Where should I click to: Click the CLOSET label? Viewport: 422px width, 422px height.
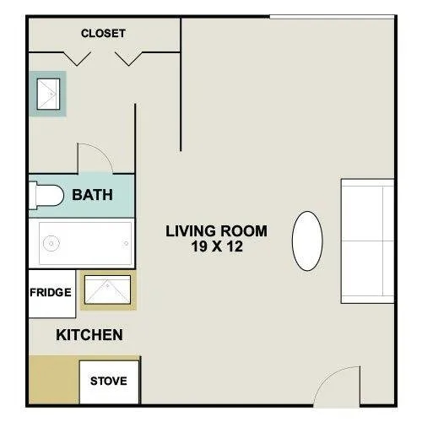tap(103, 34)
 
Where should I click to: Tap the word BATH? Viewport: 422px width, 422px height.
tap(92, 195)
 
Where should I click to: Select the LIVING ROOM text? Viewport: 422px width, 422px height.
tap(216, 230)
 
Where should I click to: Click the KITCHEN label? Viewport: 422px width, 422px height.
tap(89, 335)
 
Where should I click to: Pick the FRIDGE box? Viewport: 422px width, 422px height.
tap(51, 294)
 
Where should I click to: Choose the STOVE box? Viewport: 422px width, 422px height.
tap(109, 381)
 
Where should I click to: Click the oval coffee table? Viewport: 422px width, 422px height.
tap(307, 241)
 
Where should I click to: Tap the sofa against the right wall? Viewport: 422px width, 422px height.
tap(367, 241)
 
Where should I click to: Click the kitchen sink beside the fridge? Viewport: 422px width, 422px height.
tap(107, 289)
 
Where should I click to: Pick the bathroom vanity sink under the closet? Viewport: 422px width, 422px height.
tap(47, 92)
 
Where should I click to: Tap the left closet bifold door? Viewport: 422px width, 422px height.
tap(78, 58)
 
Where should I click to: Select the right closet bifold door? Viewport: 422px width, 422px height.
tap(131, 58)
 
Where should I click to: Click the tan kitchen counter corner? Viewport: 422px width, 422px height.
tap(52, 379)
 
